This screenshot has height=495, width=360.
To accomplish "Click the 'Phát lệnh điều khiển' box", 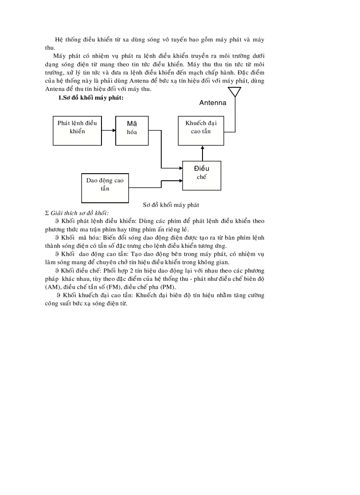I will (77, 130).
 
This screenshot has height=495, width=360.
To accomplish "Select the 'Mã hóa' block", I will (132, 130).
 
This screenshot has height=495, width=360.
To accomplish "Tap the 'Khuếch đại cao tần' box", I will (201, 130).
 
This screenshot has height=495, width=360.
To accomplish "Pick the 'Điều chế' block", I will (202, 175).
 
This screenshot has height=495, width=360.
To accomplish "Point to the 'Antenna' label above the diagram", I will (213, 103).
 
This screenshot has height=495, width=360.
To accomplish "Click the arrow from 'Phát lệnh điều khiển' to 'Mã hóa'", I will (109, 130).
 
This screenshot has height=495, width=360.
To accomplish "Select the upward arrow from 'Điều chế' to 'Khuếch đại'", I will (202, 153).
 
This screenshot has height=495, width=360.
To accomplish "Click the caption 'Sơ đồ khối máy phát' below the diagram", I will (171, 205).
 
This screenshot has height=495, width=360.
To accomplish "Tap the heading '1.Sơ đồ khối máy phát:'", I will (90, 98).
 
